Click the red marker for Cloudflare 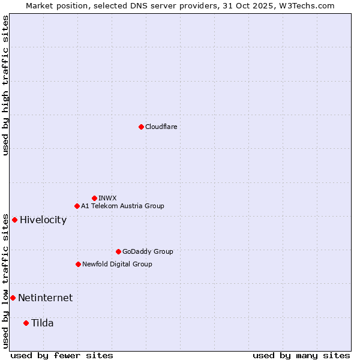click(x=141, y=127)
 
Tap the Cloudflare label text click(x=161, y=127)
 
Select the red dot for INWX click(x=94, y=198)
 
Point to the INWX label click(x=107, y=198)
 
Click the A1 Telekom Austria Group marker click(x=77, y=206)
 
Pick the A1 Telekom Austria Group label click(x=122, y=206)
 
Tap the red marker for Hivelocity click(x=14, y=220)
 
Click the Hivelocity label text click(x=43, y=220)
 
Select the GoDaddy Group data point click(x=118, y=251)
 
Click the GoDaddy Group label click(x=148, y=251)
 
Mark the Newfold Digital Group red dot click(x=78, y=264)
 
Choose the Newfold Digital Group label click(x=117, y=264)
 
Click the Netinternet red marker click(x=13, y=298)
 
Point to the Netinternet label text click(x=45, y=298)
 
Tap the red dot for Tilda click(x=26, y=323)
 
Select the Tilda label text click(x=42, y=323)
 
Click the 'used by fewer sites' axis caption click(x=62, y=355)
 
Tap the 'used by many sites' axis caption click(x=301, y=355)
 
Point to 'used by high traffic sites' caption click(x=5, y=85)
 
